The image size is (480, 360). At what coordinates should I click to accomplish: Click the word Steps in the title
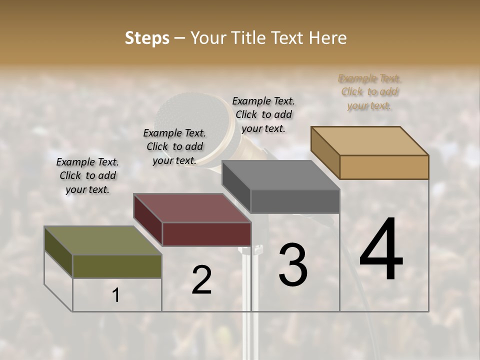pyautogui.click(x=146, y=38)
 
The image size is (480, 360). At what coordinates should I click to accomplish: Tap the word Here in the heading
pyautogui.click(x=325, y=38)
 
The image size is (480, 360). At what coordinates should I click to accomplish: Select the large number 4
pyautogui.click(x=381, y=250)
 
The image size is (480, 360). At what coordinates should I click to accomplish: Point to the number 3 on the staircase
pyautogui.click(x=293, y=265)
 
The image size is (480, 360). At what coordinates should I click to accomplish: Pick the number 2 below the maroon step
pyautogui.click(x=201, y=280)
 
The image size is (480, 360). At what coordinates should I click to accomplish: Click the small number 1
pyautogui.click(x=116, y=295)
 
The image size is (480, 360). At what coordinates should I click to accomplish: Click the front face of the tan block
pyautogui.click(x=384, y=167)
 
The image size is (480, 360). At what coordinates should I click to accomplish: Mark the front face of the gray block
pyautogui.click(x=295, y=201)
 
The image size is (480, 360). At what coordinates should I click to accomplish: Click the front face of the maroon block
pyautogui.click(x=206, y=234)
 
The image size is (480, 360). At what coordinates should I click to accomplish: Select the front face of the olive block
pyautogui.click(x=117, y=266)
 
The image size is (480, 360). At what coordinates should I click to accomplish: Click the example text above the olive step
pyautogui.click(x=87, y=175)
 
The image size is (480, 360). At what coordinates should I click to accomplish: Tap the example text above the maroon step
pyautogui.click(x=174, y=146)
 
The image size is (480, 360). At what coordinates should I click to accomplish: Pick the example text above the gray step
pyautogui.click(x=263, y=114)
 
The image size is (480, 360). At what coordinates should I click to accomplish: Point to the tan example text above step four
pyautogui.click(x=369, y=92)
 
